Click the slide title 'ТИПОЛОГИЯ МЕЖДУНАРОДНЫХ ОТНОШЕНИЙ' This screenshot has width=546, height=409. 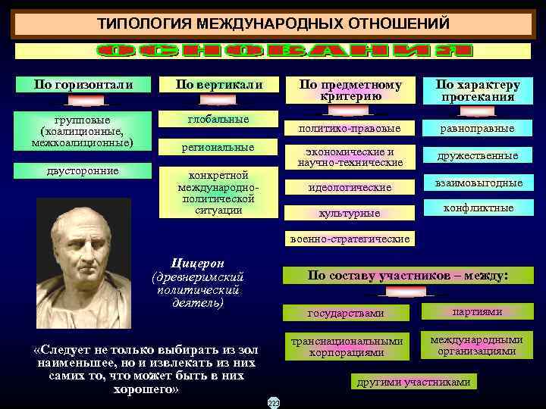click(x=273, y=24)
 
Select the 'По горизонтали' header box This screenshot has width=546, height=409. click(x=83, y=84)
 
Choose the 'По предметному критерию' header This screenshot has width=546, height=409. click(x=350, y=89)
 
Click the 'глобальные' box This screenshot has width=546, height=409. click(x=218, y=120)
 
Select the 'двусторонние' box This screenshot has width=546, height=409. click(x=83, y=171)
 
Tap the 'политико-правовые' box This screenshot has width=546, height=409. click(x=350, y=128)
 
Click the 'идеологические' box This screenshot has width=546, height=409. click(x=350, y=187)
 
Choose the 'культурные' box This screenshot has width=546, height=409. click(x=350, y=214)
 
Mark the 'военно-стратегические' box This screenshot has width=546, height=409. click(x=350, y=239)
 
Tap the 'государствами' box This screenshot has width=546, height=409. click(x=346, y=313)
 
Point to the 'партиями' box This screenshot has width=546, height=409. click(x=477, y=311)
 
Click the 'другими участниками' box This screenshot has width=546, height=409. click(x=413, y=382)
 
